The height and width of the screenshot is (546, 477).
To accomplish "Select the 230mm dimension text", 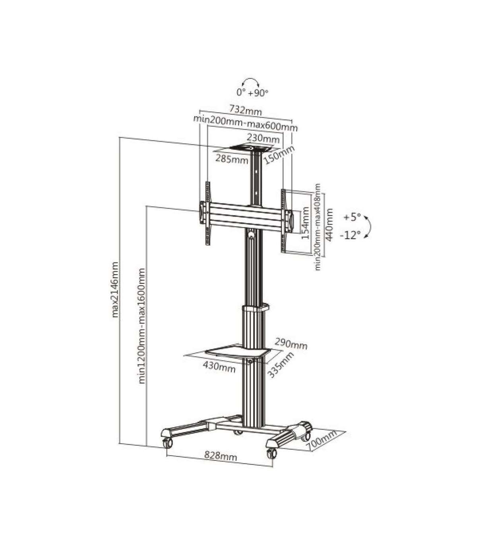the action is (263, 138).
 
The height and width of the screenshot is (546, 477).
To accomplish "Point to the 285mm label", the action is (232, 159).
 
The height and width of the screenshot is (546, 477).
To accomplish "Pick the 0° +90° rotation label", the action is (252, 93).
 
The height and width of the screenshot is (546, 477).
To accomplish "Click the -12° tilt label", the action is (350, 235).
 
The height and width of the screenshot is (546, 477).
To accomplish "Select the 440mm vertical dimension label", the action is (330, 225).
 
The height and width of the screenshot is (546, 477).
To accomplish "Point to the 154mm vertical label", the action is (306, 223).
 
